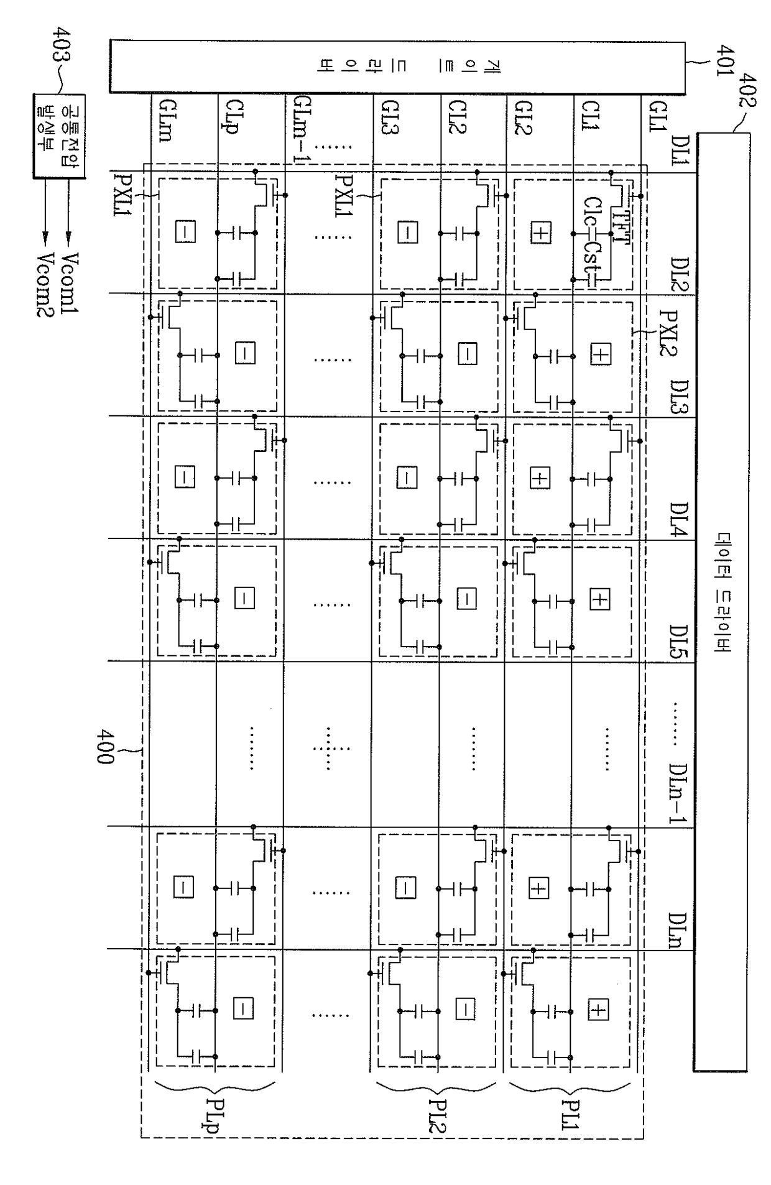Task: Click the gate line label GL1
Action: tap(657, 118)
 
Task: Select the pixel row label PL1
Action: tap(570, 1118)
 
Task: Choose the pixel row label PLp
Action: tap(216, 1118)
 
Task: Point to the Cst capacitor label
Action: tap(591, 261)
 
